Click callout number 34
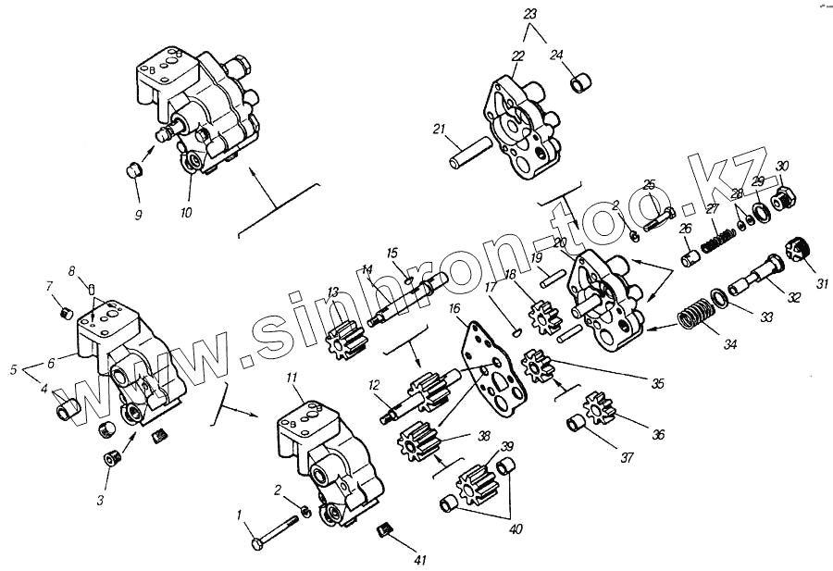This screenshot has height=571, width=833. click(x=730, y=344)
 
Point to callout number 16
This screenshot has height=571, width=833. click(x=454, y=307)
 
